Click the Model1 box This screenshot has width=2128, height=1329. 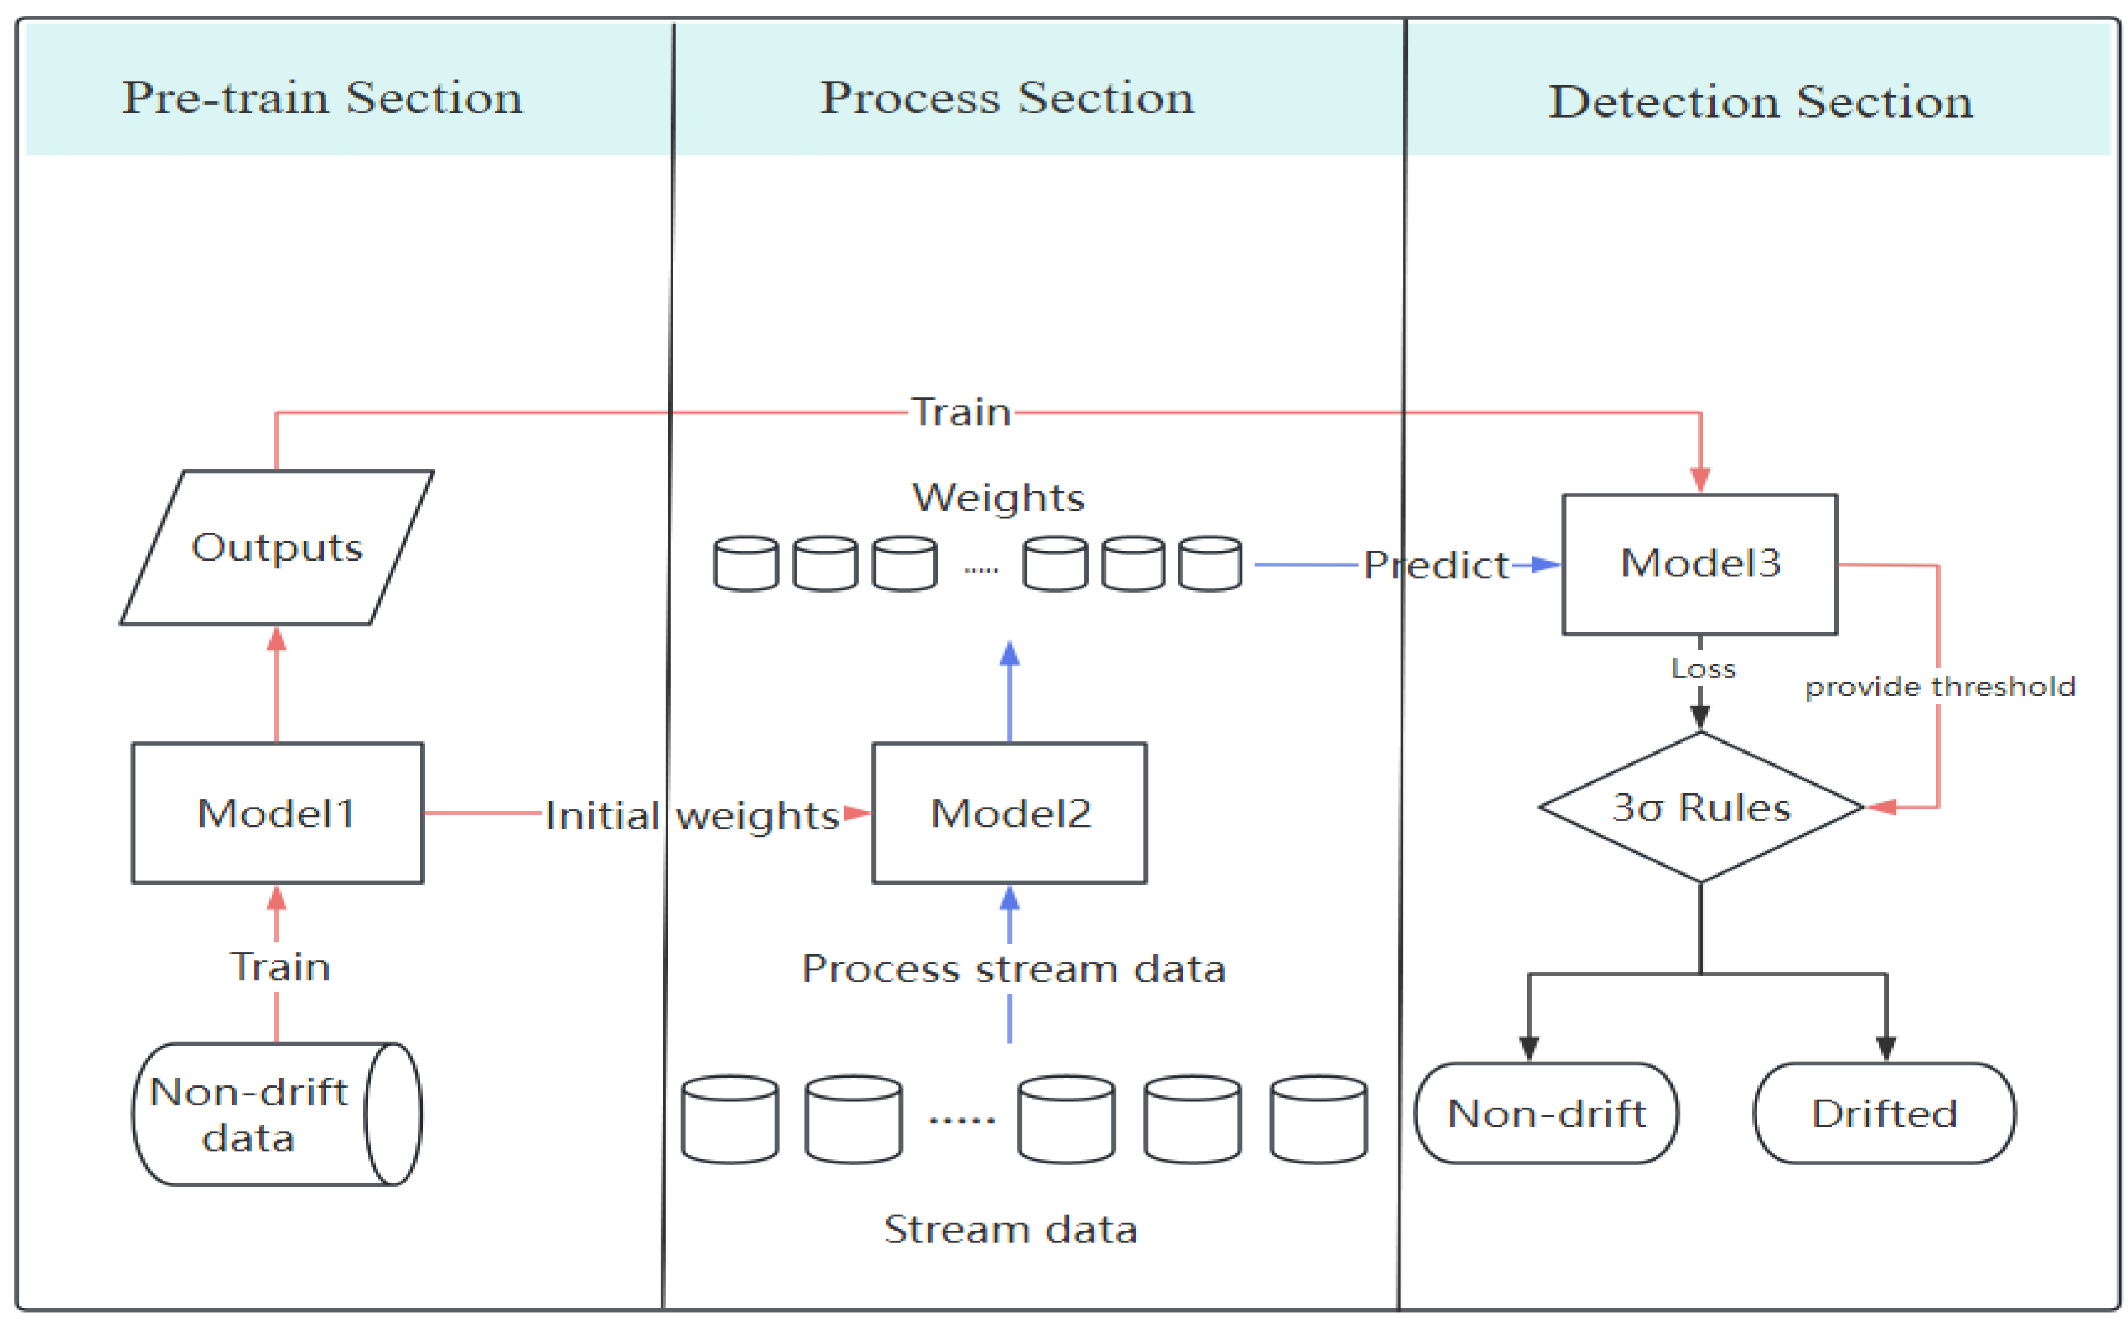pos(277,813)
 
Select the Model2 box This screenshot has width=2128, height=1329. pos(1009,813)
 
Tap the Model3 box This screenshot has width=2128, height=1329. pos(1700,563)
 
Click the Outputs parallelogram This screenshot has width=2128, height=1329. pos(277,547)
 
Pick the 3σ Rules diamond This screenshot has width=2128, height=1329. pos(1700,807)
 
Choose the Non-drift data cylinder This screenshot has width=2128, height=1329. pos(264,1115)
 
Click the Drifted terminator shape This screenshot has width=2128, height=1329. pos(1884,1114)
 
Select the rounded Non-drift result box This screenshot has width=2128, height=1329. pos(1546,1114)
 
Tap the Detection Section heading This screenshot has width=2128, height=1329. pos(1760,101)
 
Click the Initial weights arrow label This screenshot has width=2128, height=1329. pos(691,815)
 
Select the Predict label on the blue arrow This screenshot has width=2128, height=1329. pos(1435,566)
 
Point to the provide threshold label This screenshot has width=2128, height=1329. pos(1939,687)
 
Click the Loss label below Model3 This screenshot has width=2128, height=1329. pos(1703,669)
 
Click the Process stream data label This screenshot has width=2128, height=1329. pos(1013,969)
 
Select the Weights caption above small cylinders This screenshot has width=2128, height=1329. pos(998,498)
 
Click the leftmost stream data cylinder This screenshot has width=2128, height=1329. pos(729,1119)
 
